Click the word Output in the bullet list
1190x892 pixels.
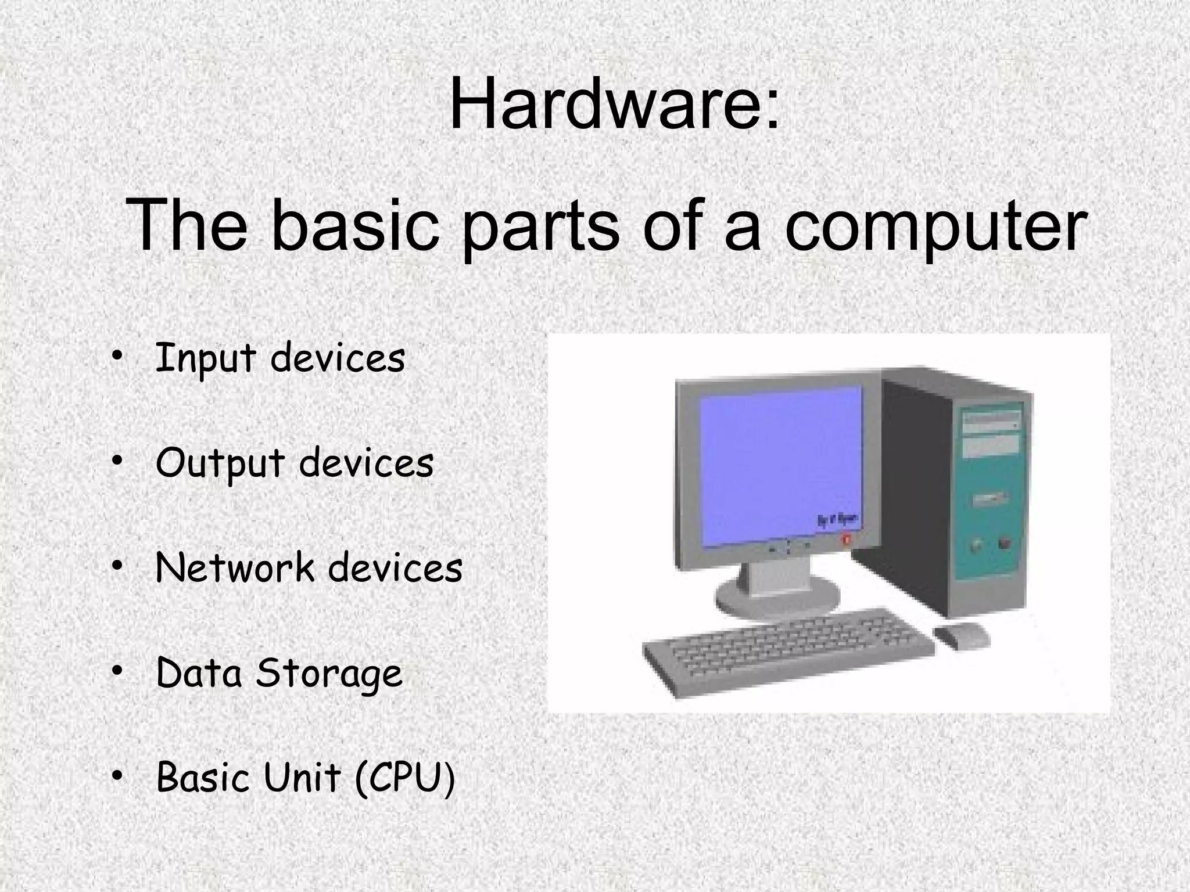pos(220,464)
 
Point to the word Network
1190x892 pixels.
pos(234,568)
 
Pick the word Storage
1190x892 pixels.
pos(329,674)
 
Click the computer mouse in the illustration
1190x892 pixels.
pos(961,635)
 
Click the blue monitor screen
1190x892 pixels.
pos(779,465)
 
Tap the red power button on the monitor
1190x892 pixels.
pos(846,539)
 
